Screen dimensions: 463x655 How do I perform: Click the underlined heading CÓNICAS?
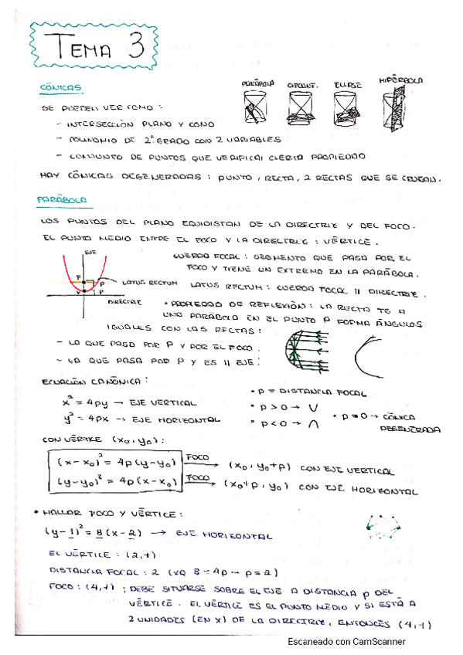click(x=60, y=89)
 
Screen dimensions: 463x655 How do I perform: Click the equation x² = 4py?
click(x=87, y=402)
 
